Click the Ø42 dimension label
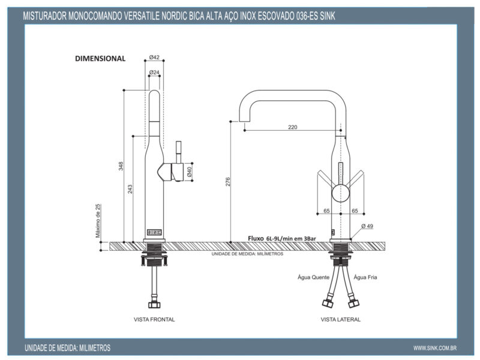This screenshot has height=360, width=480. pyautogui.click(x=154, y=58)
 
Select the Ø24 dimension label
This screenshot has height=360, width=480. pyautogui.click(x=154, y=73)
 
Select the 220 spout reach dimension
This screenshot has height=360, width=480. pyautogui.click(x=293, y=127)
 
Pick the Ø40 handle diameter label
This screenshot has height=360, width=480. pyautogui.click(x=190, y=172)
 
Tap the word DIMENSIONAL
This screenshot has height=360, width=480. pyautogui.click(x=100, y=59)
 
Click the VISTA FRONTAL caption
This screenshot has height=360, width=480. pyautogui.click(x=154, y=320)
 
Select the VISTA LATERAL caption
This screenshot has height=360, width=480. pyautogui.click(x=341, y=320)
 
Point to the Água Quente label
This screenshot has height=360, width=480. pyautogui.click(x=312, y=277)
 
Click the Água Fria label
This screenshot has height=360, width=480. pyautogui.click(x=365, y=277)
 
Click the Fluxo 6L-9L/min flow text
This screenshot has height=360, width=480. pyautogui.click(x=282, y=238)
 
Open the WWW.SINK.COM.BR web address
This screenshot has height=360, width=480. pyautogui.click(x=436, y=348)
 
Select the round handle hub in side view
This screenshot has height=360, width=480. pyautogui.click(x=340, y=193)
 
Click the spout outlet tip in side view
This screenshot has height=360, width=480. pyautogui.click(x=245, y=128)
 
